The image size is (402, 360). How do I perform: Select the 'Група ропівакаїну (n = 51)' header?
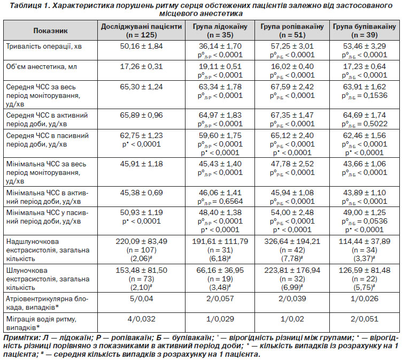292,30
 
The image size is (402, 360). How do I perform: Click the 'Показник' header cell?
50,30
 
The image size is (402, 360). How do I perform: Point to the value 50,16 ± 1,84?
141,46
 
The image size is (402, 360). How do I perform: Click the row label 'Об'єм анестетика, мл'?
42,67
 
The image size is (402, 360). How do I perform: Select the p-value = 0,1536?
365,96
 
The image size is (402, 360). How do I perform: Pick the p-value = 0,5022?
365,124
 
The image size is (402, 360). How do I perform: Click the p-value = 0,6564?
220,202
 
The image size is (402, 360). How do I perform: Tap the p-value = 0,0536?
365,221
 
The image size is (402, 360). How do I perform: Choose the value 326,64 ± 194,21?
292,241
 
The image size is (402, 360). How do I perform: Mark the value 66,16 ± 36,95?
220,271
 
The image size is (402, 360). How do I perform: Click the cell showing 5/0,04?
141,298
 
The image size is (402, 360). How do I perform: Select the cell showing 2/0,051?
365,319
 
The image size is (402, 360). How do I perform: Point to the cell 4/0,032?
141,319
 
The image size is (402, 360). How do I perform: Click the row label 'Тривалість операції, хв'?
44,47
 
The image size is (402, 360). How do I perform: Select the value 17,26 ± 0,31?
141,67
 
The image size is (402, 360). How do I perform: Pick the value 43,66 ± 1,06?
365,164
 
